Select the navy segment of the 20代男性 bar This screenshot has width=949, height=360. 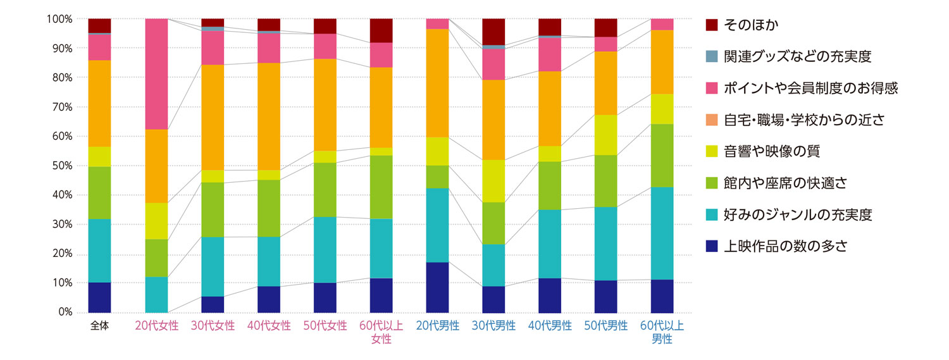pos(437,287)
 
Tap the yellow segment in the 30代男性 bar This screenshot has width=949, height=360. pos(493,181)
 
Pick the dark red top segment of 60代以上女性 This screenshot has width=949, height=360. pos(381,30)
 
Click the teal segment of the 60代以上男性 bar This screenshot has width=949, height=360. pos(662,233)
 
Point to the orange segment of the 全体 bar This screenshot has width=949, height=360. pos(99,103)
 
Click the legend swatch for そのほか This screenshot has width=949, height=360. pos(712,25)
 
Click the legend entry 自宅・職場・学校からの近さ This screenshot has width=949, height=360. pos(803,120)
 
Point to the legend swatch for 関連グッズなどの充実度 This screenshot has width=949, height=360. pos(712,57)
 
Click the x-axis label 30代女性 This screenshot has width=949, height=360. pos(213,326)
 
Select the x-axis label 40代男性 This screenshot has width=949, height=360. pos(550,326)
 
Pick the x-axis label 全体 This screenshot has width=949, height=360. pos(99,326)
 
